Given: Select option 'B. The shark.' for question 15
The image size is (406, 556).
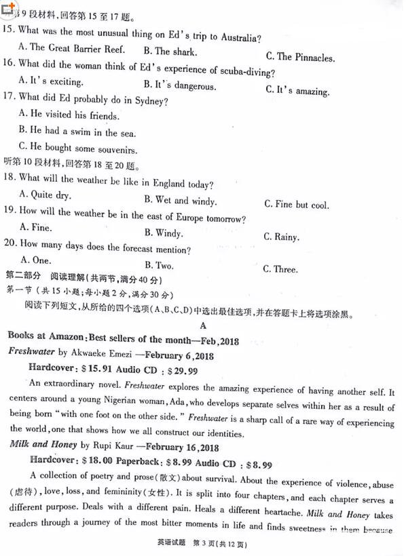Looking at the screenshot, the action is point(170,52).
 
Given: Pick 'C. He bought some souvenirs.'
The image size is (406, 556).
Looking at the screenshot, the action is point(78,148).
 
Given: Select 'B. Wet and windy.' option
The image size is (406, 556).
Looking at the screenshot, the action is point(181,201).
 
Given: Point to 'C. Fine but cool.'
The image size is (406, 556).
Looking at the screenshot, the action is point(297,205).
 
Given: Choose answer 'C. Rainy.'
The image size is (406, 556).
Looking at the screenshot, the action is point(281,237).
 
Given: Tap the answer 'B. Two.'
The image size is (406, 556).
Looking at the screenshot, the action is point(159,265).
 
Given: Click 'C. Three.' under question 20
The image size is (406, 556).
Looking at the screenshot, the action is point(280,269).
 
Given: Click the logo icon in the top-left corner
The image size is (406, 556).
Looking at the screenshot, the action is point(8,8).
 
